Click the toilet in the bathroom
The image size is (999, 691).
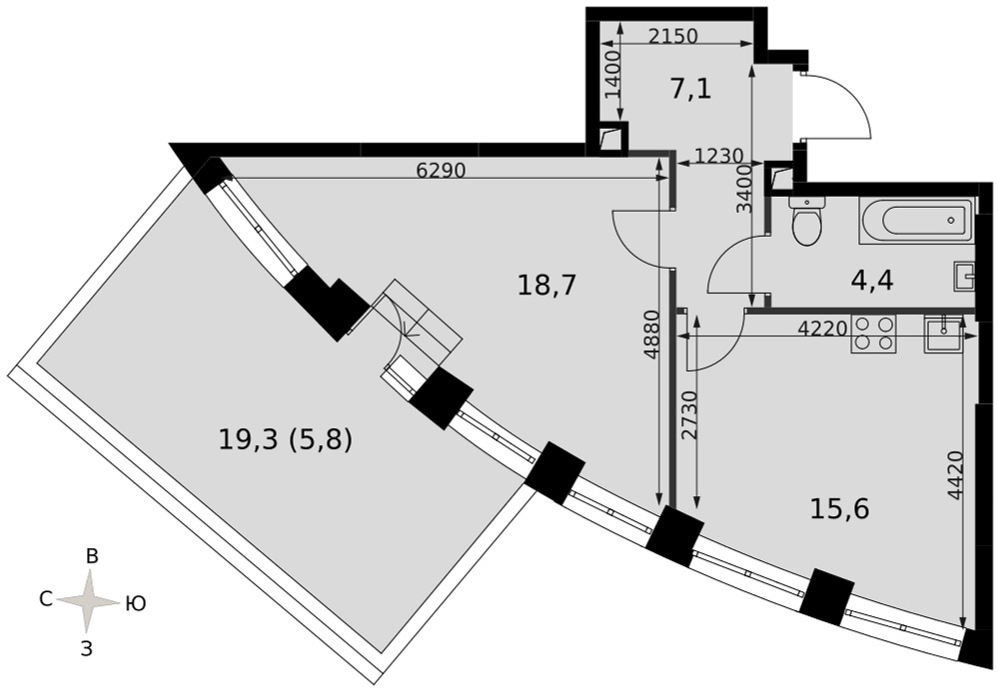(807, 221)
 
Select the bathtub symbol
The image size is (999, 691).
(916, 221)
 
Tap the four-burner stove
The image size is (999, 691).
(873, 334)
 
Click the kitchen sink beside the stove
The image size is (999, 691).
(945, 334)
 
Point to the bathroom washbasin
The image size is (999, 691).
(965, 276)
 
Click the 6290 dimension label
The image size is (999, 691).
(442, 170)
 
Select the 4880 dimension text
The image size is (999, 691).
(650, 345)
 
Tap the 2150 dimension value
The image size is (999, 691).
(672, 36)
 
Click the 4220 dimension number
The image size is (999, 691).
(822, 329)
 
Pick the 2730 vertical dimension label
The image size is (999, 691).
(688, 415)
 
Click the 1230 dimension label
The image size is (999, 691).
(718, 156)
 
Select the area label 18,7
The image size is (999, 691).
(546, 286)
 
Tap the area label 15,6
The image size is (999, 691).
(840, 509)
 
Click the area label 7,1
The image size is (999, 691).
(690, 89)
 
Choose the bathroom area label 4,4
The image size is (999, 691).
(872, 280)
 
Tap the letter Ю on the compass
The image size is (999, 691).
(136, 603)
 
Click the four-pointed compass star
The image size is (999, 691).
(89, 600)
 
